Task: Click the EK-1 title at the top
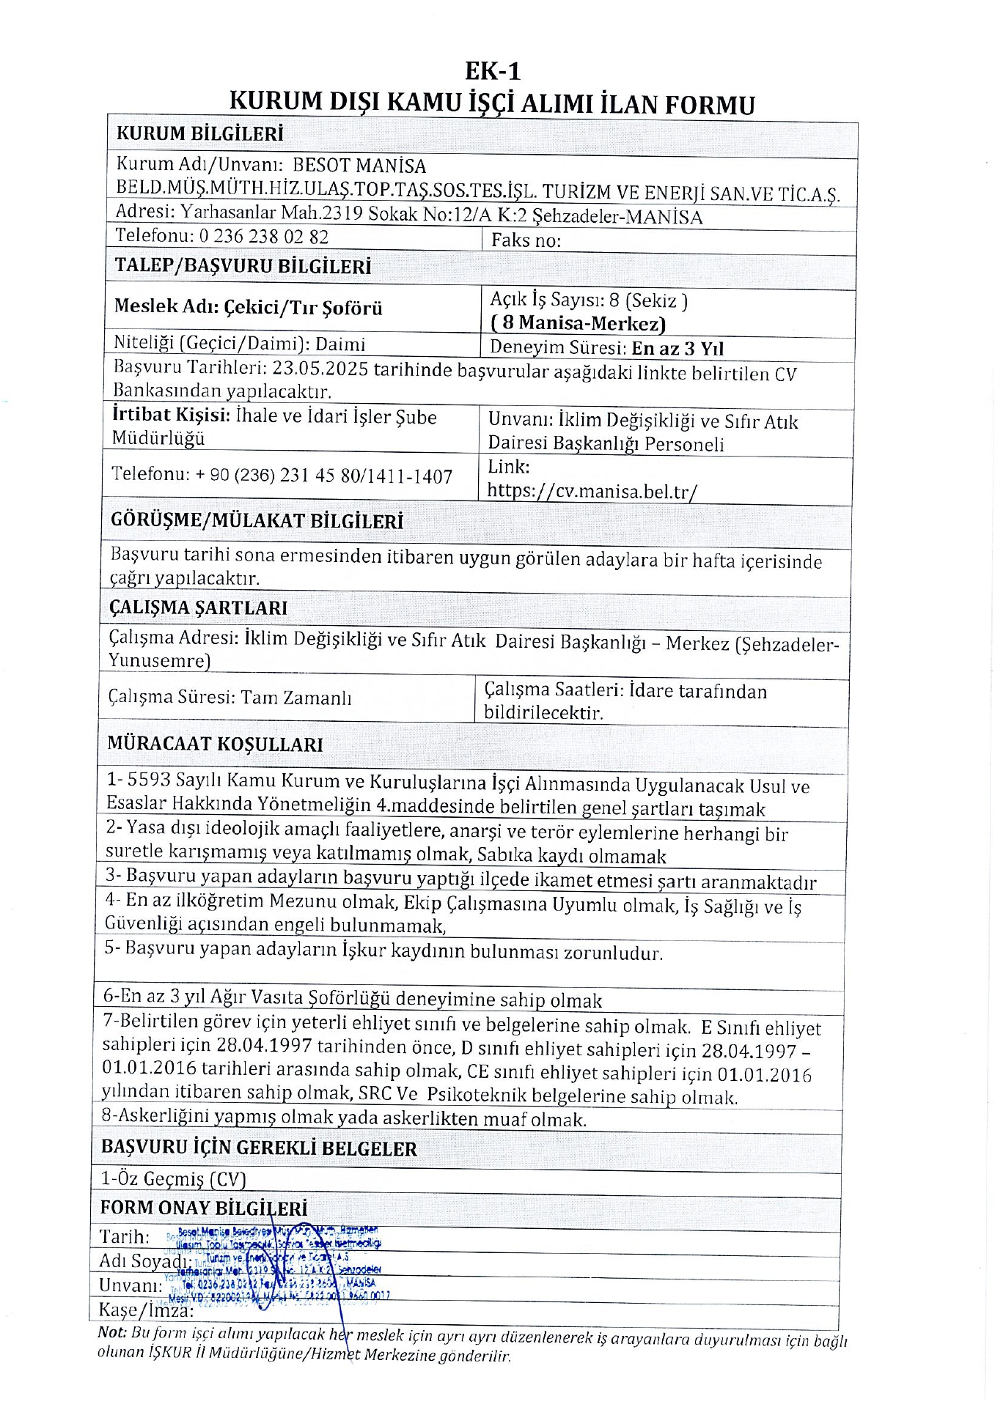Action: pyautogui.click(x=493, y=71)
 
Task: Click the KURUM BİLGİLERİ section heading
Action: pyautogui.click(x=199, y=134)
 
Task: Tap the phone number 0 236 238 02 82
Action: pyautogui.click(x=262, y=237)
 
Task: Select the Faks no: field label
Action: pyautogui.click(x=526, y=240)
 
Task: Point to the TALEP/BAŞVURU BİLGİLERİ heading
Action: pyautogui.click(x=243, y=266)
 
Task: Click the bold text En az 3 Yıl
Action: pyautogui.click(x=678, y=348)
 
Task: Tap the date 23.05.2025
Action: pyautogui.click(x=320, y=369)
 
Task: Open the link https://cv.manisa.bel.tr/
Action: pyautogui.click(x=592, y=491)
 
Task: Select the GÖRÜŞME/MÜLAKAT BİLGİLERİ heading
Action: pyautogui.click(x=257, y=521)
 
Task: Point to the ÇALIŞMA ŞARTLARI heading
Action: pyautogui.click(x=198, y=608)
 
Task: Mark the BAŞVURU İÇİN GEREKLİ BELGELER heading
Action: pyautogui.click(x=259, y=1148)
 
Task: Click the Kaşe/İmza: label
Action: pyautogui.click(x=146, y=1310)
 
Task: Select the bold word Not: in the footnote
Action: pyautogui.click(x=112, y=1333)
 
